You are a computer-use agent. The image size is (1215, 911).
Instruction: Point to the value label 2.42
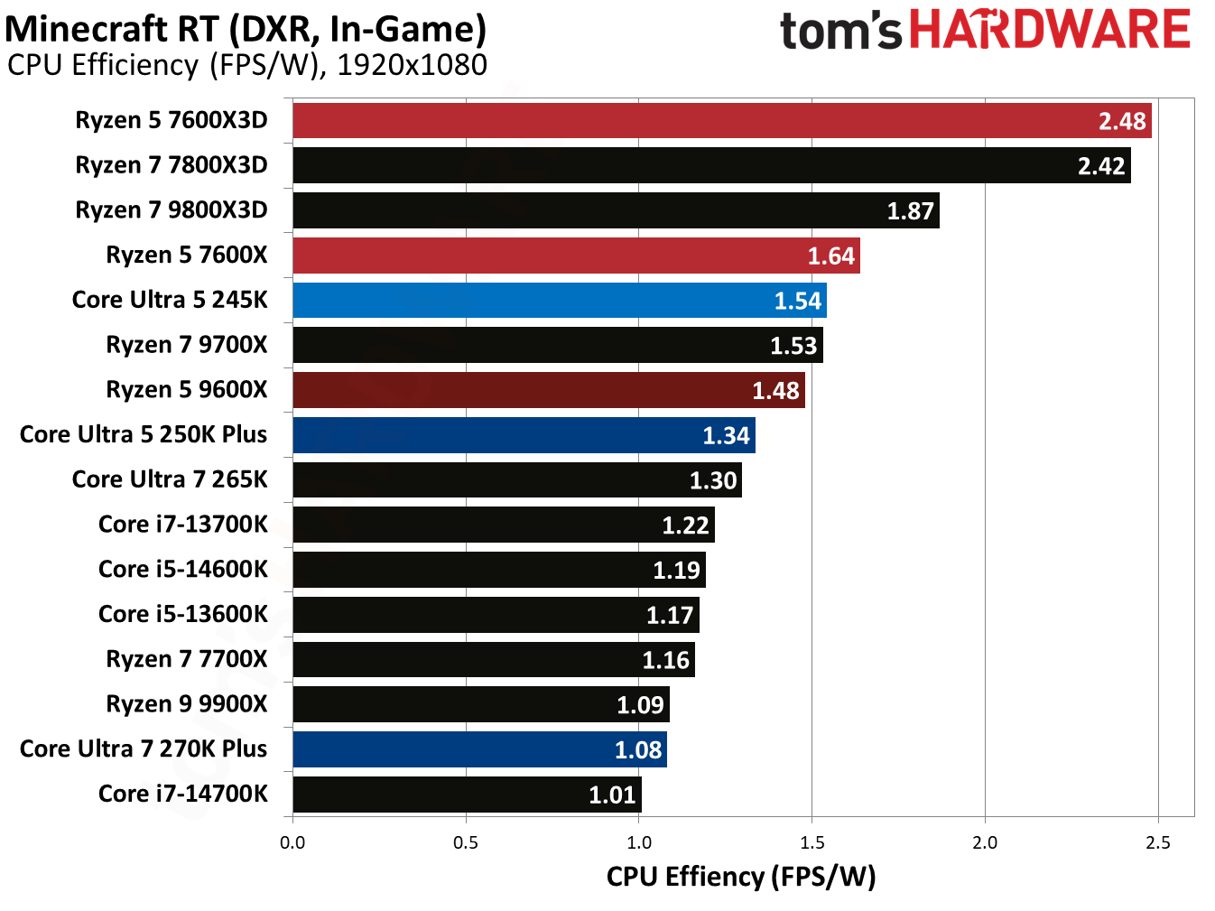click(x=1101, y=166)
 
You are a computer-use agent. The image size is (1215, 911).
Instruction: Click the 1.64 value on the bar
click(x=830, y=256)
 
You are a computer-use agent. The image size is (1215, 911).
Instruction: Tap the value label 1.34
click(x=726, y=436)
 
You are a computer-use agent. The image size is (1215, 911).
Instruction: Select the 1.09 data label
click(x=640, y=705)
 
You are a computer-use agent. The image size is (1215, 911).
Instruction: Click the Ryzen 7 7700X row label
click(x=187, y=659)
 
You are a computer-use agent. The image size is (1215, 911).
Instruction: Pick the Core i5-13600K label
click(x=183, y=615)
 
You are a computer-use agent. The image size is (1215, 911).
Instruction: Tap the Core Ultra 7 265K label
click(x=170, y=479)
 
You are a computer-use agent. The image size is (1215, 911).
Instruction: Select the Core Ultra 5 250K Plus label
click(x=144, y=434)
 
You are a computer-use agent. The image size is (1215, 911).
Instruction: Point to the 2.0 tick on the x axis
click(x=985, y=842)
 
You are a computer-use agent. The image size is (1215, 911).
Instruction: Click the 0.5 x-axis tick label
click(x=466, y=842)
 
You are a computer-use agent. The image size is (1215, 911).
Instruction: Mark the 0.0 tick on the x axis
click(x=292, y=842)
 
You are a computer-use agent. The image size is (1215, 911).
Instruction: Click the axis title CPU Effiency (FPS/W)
click(x=741, y=877)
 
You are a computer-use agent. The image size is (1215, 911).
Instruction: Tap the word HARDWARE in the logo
click(x=1050, y=30)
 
